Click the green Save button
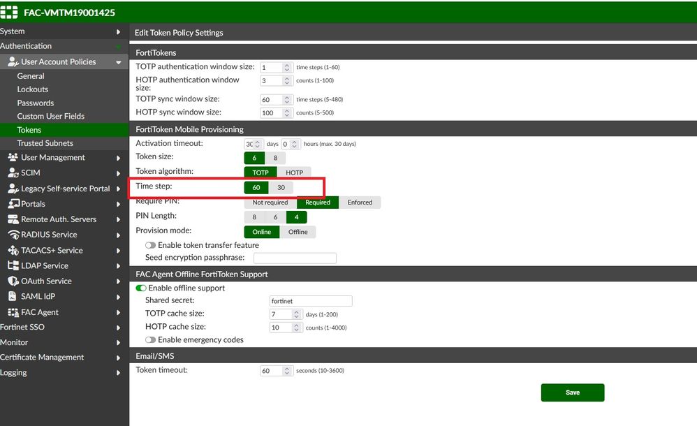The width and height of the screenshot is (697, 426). [x=573, y=392]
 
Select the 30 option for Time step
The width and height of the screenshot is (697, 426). [x=281, y=188]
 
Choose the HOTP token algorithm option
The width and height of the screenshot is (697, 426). [x=294, y=172]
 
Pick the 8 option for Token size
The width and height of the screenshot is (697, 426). [x=275, y=158]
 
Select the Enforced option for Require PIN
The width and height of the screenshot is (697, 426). [x=360, y=203]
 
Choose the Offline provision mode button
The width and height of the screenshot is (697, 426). [x=298, y=232]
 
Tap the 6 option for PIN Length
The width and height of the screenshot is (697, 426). [x=276, y=217]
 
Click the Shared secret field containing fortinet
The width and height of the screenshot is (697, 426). [x=311, y=301]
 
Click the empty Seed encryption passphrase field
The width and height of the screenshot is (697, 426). [x=295, y=258]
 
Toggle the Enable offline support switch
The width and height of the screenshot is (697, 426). [x=141, y=288]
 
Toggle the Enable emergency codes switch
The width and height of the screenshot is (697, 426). [x=150, y=340]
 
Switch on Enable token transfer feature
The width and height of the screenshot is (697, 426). [x=150, y=245]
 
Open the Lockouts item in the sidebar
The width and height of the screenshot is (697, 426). [x=32, y=89]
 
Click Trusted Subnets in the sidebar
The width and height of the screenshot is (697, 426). [x=45, y=143]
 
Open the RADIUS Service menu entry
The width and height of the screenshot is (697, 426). [x=49, y=235]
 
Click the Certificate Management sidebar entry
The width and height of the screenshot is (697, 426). [x=42, y=357]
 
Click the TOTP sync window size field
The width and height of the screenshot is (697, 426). [x=271, y=100]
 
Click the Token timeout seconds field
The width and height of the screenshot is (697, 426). [x=271, y=371]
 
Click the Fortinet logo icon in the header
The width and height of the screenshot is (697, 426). [x=9, y=12]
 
